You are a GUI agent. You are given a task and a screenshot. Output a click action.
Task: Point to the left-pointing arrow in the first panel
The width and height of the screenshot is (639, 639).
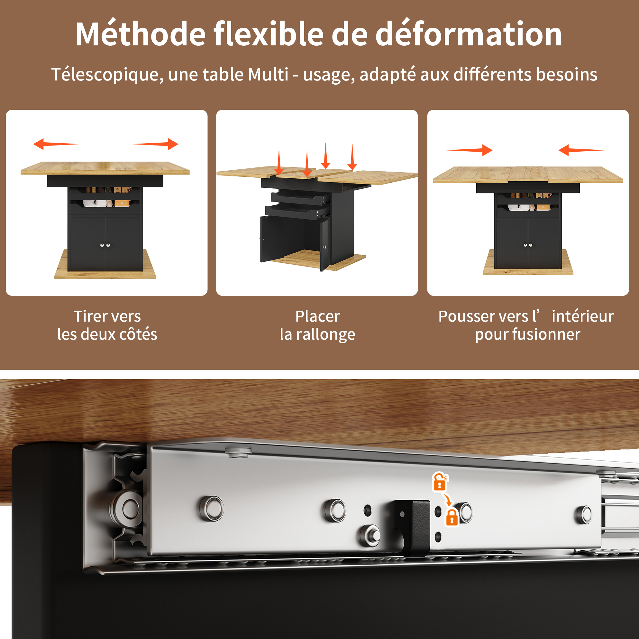pyautogui.click(x=56, y=144)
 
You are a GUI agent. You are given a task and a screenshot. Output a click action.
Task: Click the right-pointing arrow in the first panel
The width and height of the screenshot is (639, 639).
pyautogui.click(x=156, y=144)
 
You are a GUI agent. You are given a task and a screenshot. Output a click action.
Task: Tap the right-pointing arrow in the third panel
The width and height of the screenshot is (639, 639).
pyautogui.click(x=470, y=150)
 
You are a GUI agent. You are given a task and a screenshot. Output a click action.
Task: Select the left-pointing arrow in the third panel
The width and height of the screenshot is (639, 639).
pyautogui.click(x=581, y=150)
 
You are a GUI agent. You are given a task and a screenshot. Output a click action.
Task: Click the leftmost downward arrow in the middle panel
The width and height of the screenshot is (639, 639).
pyautogui.click(x=279, y=162)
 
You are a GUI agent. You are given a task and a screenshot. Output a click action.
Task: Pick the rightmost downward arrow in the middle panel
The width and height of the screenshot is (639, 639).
pyautogui.click(x=352, y=157)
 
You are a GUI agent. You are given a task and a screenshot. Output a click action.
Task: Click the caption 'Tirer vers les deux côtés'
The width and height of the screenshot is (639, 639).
pyautogui.click(x=107, y=325)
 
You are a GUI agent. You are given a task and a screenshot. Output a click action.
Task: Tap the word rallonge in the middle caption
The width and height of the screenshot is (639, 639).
pyautogui.click(x=325, y=334)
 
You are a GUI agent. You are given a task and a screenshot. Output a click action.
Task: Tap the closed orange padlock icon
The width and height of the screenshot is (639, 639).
pyautogui.click(x=452, y=518)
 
